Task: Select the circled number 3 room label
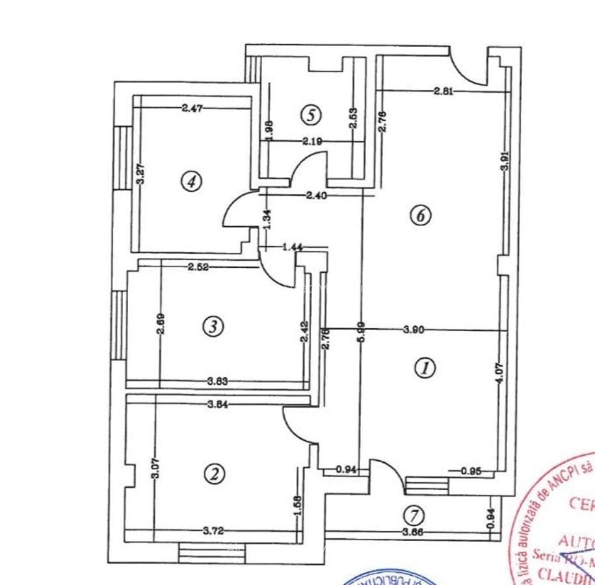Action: coord(213,326)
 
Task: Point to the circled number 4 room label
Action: coord(191,181)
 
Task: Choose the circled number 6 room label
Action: coord(421,215)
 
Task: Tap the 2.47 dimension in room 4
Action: coord(192,109)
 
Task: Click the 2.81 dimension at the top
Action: coord(443,91)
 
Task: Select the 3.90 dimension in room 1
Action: coord(414,330)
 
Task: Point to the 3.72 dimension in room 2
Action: coord(213,531)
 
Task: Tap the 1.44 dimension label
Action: coord(294,247)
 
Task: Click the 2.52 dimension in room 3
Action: coord(198,266)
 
